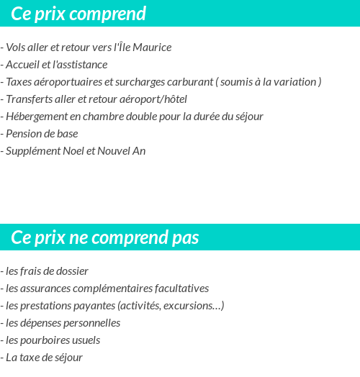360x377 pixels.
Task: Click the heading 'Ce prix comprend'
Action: click(78, 14)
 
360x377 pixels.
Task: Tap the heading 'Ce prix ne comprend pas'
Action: click(105, 237)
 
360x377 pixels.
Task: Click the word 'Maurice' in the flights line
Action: click(152, 47)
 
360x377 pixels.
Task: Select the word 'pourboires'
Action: click(44, 340)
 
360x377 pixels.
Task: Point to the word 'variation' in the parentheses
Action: click(294, 82)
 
